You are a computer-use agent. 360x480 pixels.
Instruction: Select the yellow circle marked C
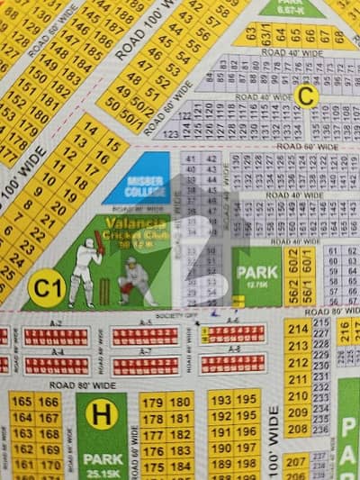pos(307,96)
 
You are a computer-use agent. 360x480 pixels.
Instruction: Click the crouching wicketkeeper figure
pos(137,279)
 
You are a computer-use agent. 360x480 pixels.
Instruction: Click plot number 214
pos(298,329)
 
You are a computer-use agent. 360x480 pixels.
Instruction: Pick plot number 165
pos(22,402)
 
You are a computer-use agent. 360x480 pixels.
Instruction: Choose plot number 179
pos(152,403)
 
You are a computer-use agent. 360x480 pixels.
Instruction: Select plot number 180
pos(180,403)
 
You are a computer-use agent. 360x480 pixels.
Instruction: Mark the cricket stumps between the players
pos(105,290)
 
